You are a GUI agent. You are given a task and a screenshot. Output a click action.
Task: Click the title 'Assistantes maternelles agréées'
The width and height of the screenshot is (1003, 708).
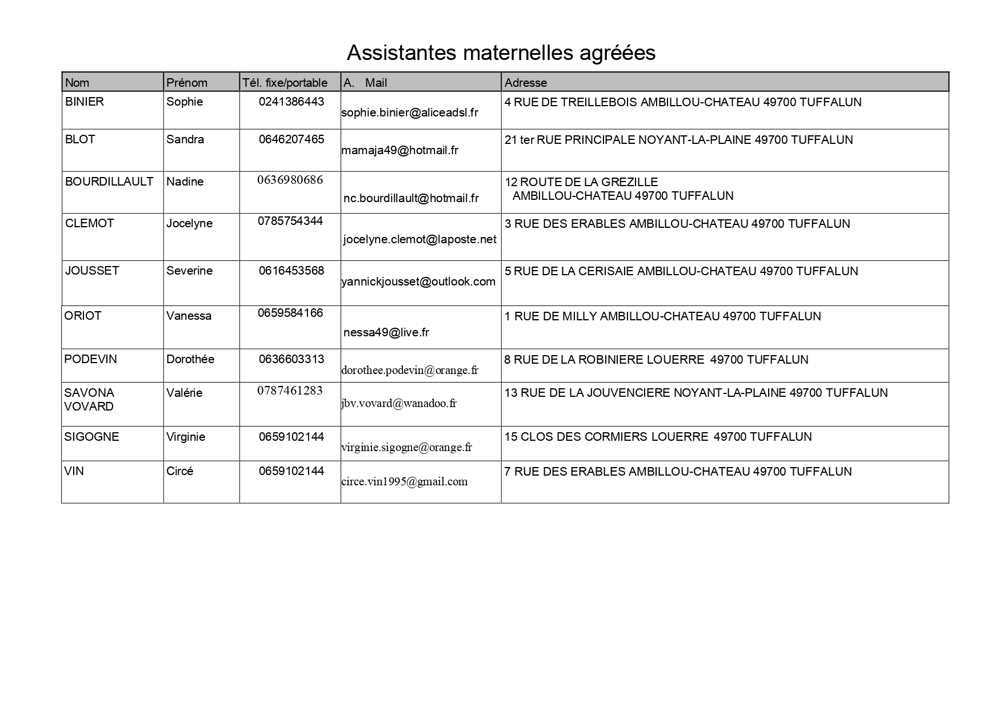[x=501, y=53]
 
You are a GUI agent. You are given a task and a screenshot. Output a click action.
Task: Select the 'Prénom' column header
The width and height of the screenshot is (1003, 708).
[x=186, y=83]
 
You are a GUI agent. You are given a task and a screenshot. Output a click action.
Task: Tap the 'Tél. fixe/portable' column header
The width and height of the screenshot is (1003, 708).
[x=285, y=83]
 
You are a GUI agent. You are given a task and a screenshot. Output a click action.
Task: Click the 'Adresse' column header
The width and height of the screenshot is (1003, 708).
[x=526, y=83]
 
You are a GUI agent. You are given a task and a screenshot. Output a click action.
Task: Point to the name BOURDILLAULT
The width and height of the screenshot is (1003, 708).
[x=109, y=182]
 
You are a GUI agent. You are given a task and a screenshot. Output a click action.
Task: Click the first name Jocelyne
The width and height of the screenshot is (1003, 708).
[x=189, y=223]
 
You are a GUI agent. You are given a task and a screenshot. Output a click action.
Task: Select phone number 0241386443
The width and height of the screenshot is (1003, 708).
[x=291, y=102]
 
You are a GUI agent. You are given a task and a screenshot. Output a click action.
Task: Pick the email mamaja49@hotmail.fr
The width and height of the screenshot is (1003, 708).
[x=399, y=150]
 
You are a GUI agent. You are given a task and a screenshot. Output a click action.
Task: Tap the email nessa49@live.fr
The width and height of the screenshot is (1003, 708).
[x=386, y=332]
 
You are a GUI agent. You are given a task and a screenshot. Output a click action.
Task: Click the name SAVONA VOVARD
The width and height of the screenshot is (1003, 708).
[x=89, y=400]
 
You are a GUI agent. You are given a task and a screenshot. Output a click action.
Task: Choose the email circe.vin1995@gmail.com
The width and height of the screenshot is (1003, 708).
[x=404, y=481]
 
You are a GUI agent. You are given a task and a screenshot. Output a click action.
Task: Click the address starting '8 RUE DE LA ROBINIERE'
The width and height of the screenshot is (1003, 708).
[x=656, y=360]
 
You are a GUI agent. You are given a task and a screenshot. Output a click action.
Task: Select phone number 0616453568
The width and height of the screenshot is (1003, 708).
[x=291, y=271]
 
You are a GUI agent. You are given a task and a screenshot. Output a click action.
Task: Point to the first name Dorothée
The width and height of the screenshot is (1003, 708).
[x=190, y=359]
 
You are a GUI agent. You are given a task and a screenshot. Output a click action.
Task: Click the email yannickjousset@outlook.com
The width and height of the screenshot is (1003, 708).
[x=418, y=281]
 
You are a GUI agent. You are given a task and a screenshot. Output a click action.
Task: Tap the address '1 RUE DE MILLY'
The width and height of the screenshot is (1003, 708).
[x=662, y=316]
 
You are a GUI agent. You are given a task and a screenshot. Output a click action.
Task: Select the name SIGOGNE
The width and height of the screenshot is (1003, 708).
[x=91, y=437]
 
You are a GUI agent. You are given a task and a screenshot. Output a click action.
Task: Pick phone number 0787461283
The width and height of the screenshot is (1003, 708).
[x=290, y=391]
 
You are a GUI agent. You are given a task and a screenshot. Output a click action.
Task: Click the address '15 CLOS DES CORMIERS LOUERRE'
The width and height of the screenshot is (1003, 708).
[x=658, y=437]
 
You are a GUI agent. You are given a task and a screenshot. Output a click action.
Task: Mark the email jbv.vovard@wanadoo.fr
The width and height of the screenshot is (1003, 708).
[x=399, y=403]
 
